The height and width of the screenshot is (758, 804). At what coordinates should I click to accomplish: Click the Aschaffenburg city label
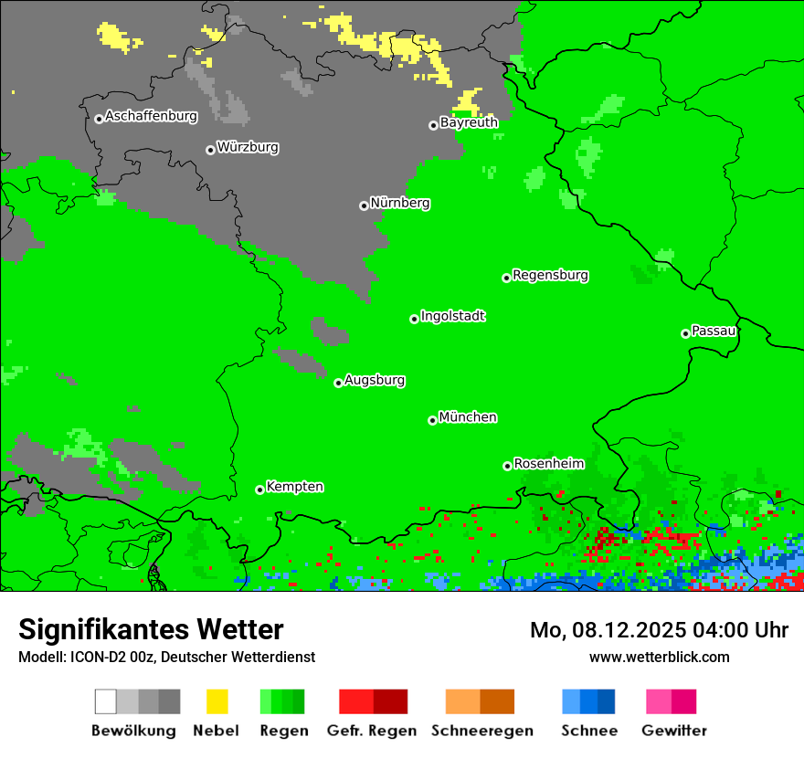151,116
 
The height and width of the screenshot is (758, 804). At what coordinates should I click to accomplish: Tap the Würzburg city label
248,147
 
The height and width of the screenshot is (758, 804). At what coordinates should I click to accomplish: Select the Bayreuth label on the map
469,122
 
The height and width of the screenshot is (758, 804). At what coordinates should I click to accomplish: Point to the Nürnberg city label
400,203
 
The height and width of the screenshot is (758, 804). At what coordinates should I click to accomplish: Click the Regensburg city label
550,275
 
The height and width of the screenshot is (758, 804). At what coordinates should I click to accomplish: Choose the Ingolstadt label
453,316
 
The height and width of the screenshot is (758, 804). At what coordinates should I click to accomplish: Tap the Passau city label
714,331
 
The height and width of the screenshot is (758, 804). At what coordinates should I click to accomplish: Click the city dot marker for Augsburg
338,383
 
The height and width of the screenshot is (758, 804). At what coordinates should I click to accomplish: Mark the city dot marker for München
432,420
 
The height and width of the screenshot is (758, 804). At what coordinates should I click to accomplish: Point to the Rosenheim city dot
507,466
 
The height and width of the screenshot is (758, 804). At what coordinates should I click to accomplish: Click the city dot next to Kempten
259,490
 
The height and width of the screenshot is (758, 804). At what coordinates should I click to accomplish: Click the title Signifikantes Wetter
151,629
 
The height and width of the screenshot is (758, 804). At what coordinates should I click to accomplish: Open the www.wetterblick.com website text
659,657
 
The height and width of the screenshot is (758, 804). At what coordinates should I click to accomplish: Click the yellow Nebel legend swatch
217,701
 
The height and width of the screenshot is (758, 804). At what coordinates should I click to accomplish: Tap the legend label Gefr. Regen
372,731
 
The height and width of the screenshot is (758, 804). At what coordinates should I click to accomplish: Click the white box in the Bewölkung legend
105,701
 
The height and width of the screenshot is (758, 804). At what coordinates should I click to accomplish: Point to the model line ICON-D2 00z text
166,657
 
